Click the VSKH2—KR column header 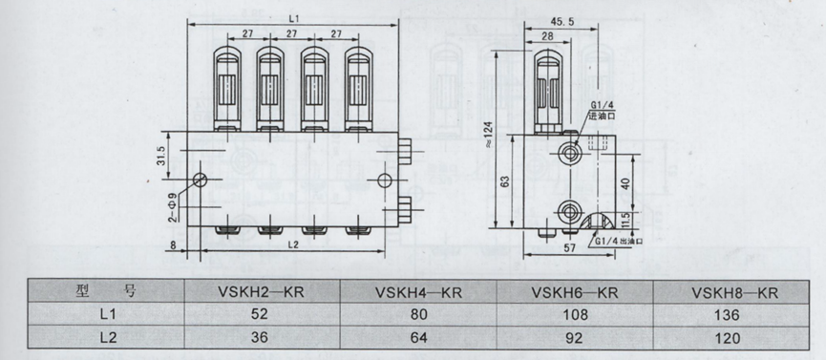pos(261,291)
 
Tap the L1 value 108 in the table pos(575,315)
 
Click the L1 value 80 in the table pos(418,315)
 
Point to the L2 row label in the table pos(108,338)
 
